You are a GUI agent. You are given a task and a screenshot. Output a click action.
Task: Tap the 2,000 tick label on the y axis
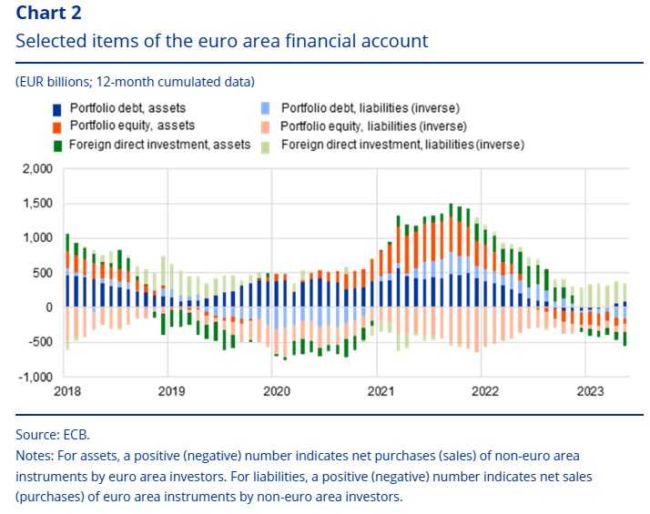point(37,169)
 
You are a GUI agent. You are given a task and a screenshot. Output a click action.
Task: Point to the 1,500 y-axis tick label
point(37,204)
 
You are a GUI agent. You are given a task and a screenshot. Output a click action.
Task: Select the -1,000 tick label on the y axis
point(36,377)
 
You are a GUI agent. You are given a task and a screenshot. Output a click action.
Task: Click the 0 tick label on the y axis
point(49,307)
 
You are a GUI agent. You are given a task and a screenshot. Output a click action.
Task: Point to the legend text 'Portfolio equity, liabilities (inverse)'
point(373,126)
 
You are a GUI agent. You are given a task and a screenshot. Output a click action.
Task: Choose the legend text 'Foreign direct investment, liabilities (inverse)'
point(403,145)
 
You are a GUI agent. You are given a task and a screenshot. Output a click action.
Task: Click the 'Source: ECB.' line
point(53,436)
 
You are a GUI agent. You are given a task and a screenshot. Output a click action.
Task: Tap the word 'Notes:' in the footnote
point(35,454)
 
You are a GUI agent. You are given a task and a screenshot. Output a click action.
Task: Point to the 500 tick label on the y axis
point(43,273)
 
